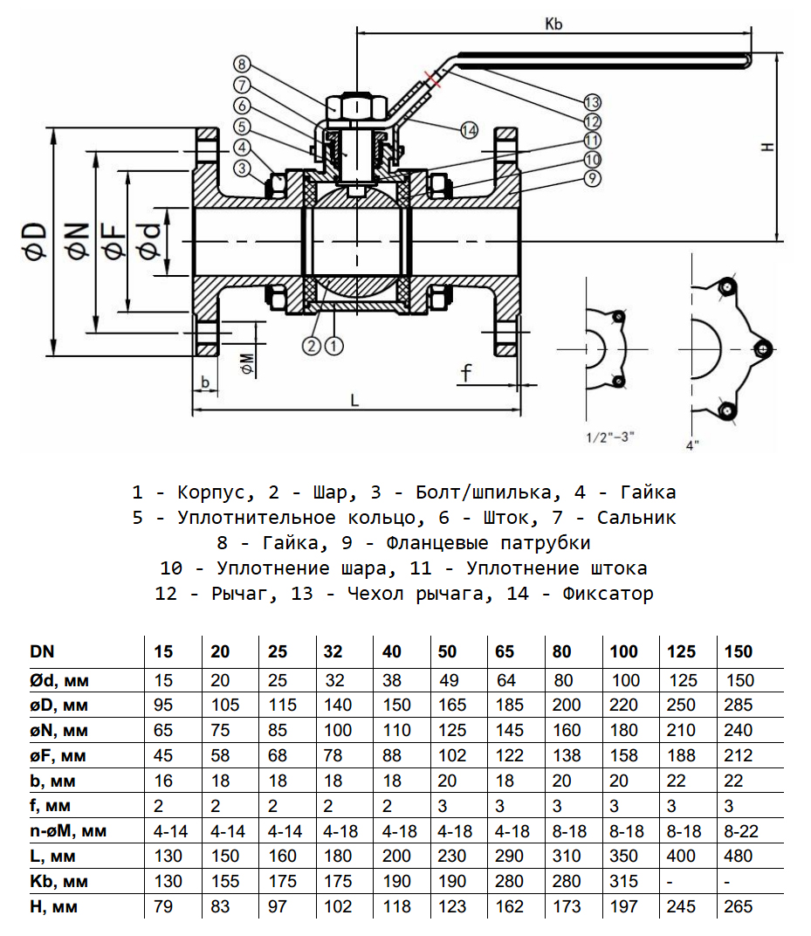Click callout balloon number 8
tap(243, 64)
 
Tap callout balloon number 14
tap(469, 129)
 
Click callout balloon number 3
tap(243, 169)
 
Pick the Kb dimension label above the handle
tap(553, 24)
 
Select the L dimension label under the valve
tap(354, 400)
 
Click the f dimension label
tap(467, 374)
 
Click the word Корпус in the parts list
tap(210, 492)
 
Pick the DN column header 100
tap(624, 651)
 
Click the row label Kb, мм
tap(60, 882)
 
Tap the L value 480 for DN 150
tap(738, 857)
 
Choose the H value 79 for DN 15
tap(163, 907)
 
